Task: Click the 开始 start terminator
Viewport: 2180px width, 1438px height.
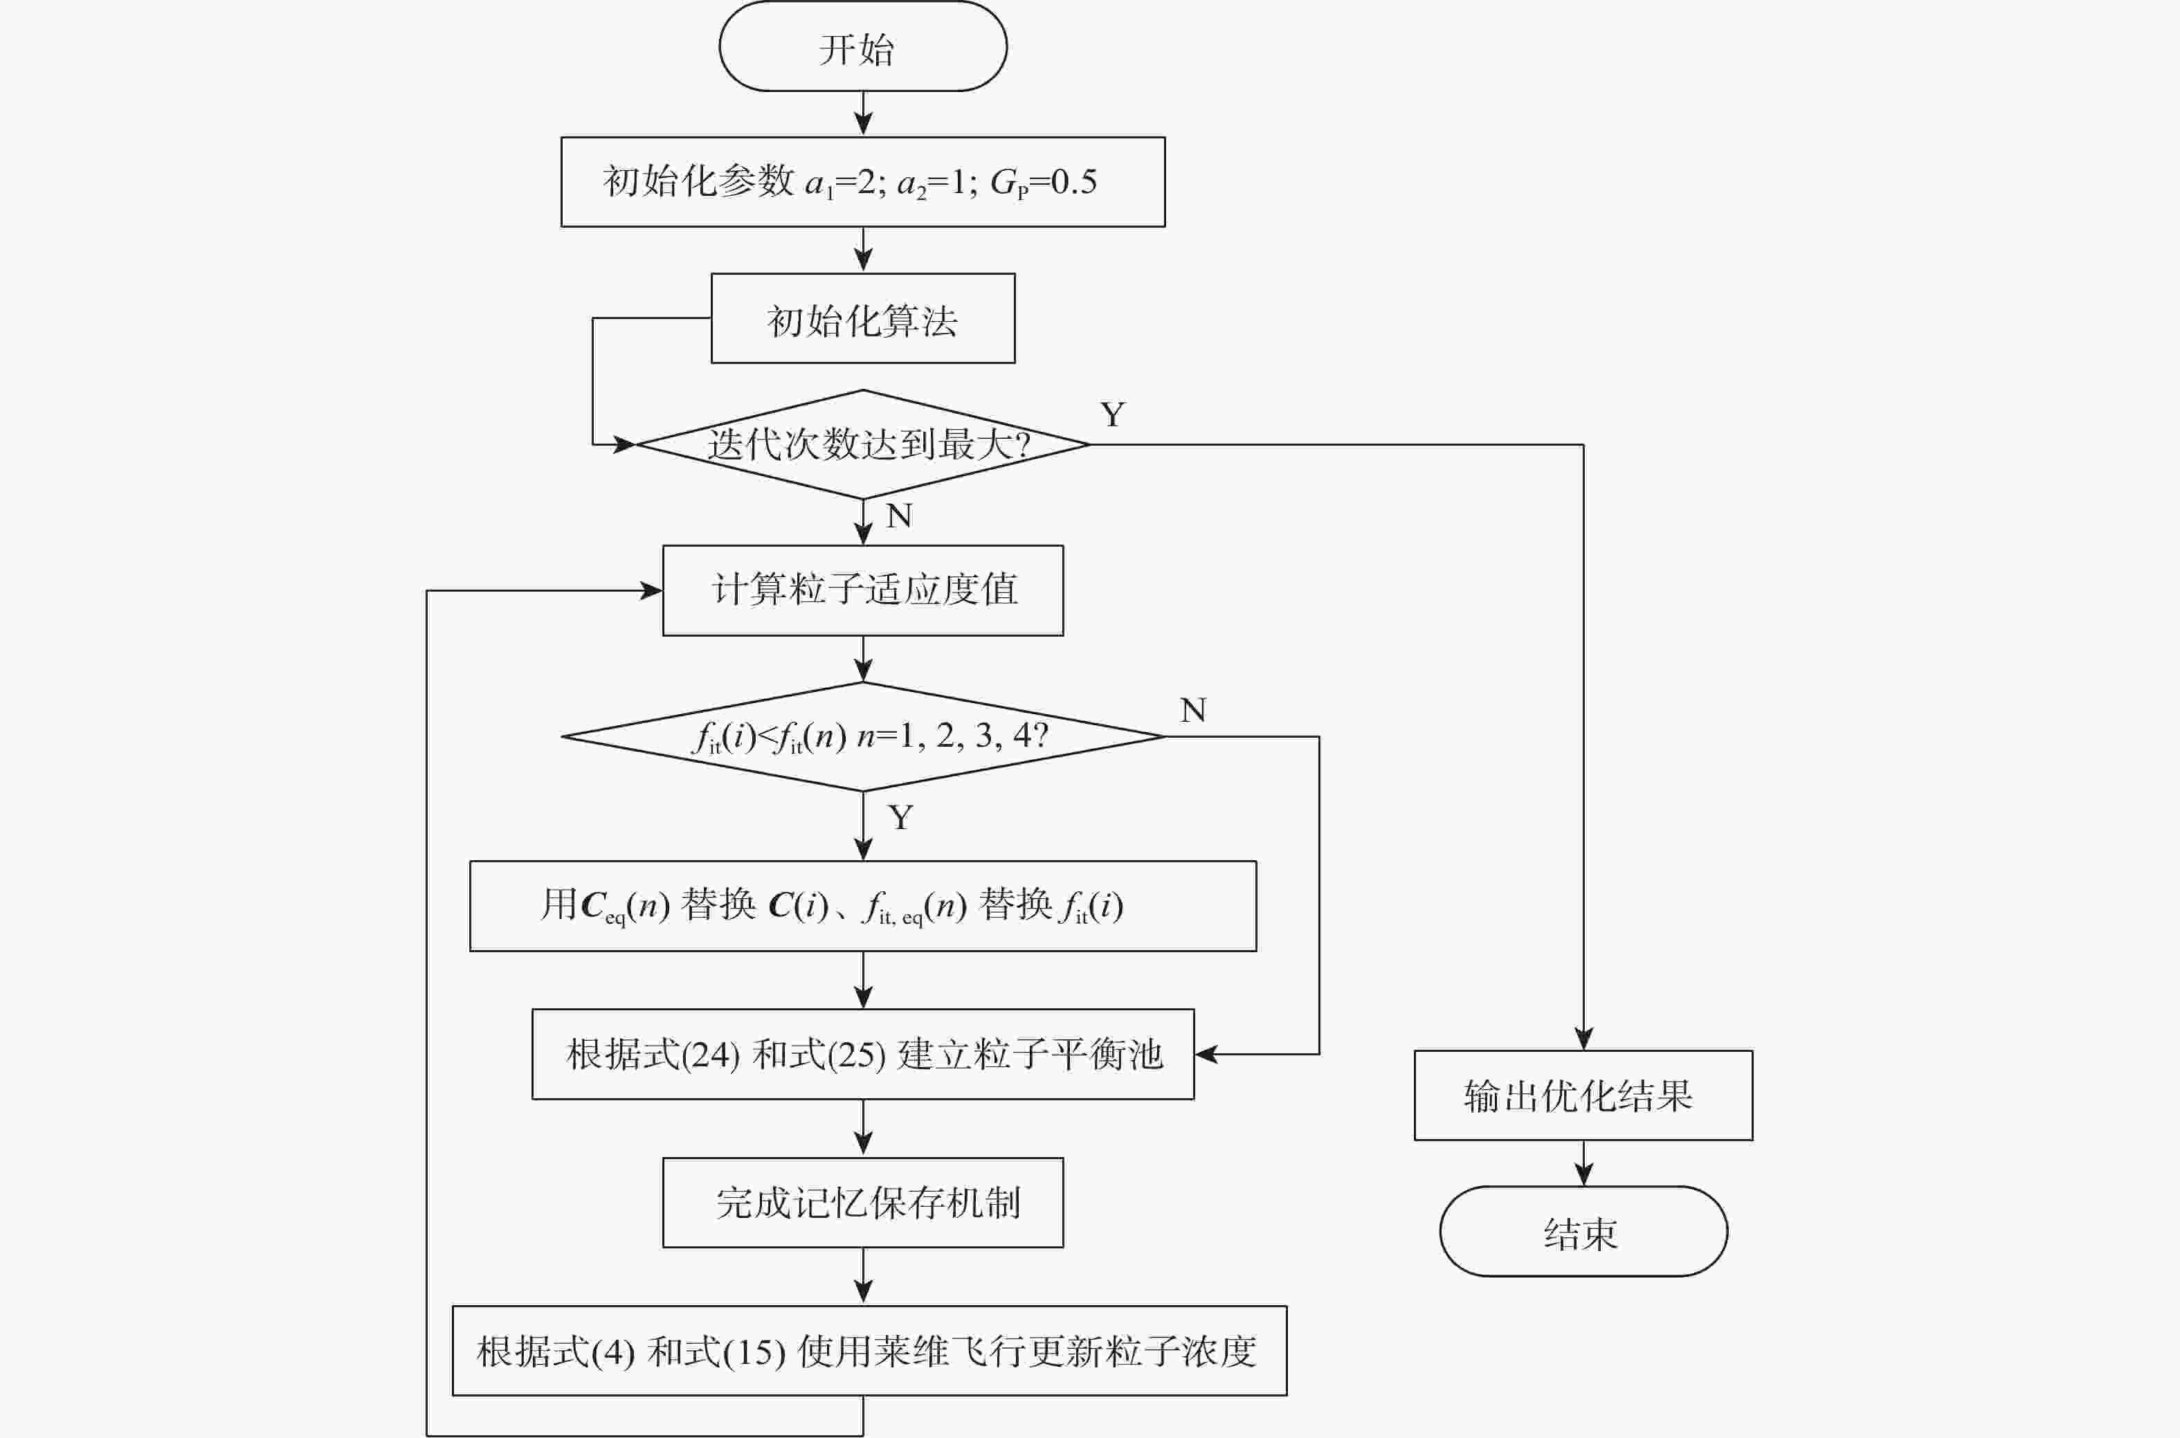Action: click(x=862, y=47)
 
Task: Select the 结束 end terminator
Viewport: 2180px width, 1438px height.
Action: click(x=1583, y=1232)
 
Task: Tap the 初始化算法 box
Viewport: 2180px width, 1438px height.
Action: click(x=862, y=318)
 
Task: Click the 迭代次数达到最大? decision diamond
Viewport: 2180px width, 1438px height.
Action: click(x=862, y=445)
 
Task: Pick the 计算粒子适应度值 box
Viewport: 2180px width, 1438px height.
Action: click(x=862, y=590)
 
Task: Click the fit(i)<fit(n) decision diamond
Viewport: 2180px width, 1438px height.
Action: click(x=862, y=736)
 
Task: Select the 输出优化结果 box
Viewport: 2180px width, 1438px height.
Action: click(x=1583, y=1095)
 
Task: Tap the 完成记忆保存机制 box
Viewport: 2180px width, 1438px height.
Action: click(x=862, y=1202)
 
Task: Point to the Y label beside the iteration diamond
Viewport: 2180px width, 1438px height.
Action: click(x=1112, y=415)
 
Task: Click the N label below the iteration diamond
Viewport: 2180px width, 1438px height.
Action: click(x=899, y=516)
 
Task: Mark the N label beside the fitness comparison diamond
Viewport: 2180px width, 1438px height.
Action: click(x=1192, y=710)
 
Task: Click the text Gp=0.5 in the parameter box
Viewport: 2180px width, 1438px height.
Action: click(x=1044, y=183)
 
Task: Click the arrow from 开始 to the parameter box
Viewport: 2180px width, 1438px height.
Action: click(x=863, y=113)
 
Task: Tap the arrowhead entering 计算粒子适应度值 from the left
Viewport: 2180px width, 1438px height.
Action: click(x=652, y=590)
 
